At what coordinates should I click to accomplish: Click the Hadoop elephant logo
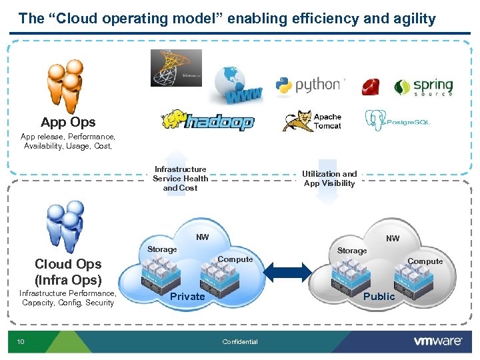[x=207, y=121]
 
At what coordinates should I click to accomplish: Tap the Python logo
[x=309, y=85]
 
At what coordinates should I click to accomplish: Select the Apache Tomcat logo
[x=312, y=121]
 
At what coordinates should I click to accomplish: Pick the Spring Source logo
[x=423, y=87]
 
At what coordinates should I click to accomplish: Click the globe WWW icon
[x=237, y=85]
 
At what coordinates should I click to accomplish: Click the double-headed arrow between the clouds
[x=289, y=271]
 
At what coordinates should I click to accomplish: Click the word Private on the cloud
[x=187, y=296]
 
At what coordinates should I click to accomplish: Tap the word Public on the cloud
[x=379, y=296]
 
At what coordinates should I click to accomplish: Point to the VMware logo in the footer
[x=437, y=341]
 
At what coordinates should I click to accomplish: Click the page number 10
[x=21, y=342]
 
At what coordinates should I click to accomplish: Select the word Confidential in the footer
[x=240, y=342]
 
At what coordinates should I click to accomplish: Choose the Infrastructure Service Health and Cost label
[x=180, y=179]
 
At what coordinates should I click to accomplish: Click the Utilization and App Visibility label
[x=329, y=179]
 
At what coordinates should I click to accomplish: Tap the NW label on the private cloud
[x=202, y=237]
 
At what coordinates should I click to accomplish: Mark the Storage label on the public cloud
[x=351, y=251]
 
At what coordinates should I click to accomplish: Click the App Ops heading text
[x=68, y=122]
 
